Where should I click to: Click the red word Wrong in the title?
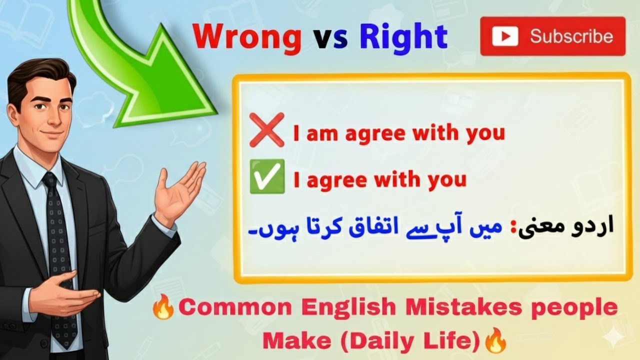(x=247, y=38)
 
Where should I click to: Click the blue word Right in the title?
(x=403, y=37)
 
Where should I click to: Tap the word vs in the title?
(x=330, y=39)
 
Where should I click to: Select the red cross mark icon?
(x=266, y=129)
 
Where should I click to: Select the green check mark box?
(x=266, y=176)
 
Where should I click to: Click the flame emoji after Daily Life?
(x=494, y=341)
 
